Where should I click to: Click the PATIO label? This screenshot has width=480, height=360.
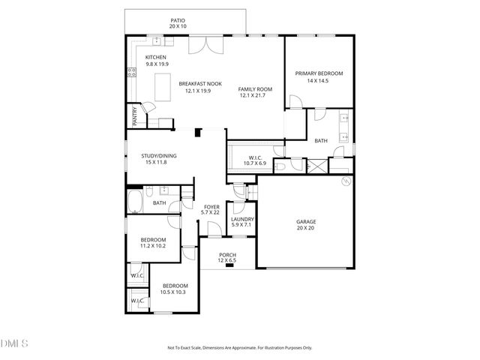177,21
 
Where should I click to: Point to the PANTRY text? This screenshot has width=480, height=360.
135,115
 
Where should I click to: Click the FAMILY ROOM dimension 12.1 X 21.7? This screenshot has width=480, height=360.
255,95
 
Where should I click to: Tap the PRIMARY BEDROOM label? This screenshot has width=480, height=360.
319,73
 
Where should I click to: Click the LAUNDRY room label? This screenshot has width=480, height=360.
243,219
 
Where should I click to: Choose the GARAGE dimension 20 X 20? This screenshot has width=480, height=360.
305,228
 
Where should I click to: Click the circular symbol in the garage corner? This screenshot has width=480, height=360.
346,182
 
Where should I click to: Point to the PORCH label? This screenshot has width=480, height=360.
227,255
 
